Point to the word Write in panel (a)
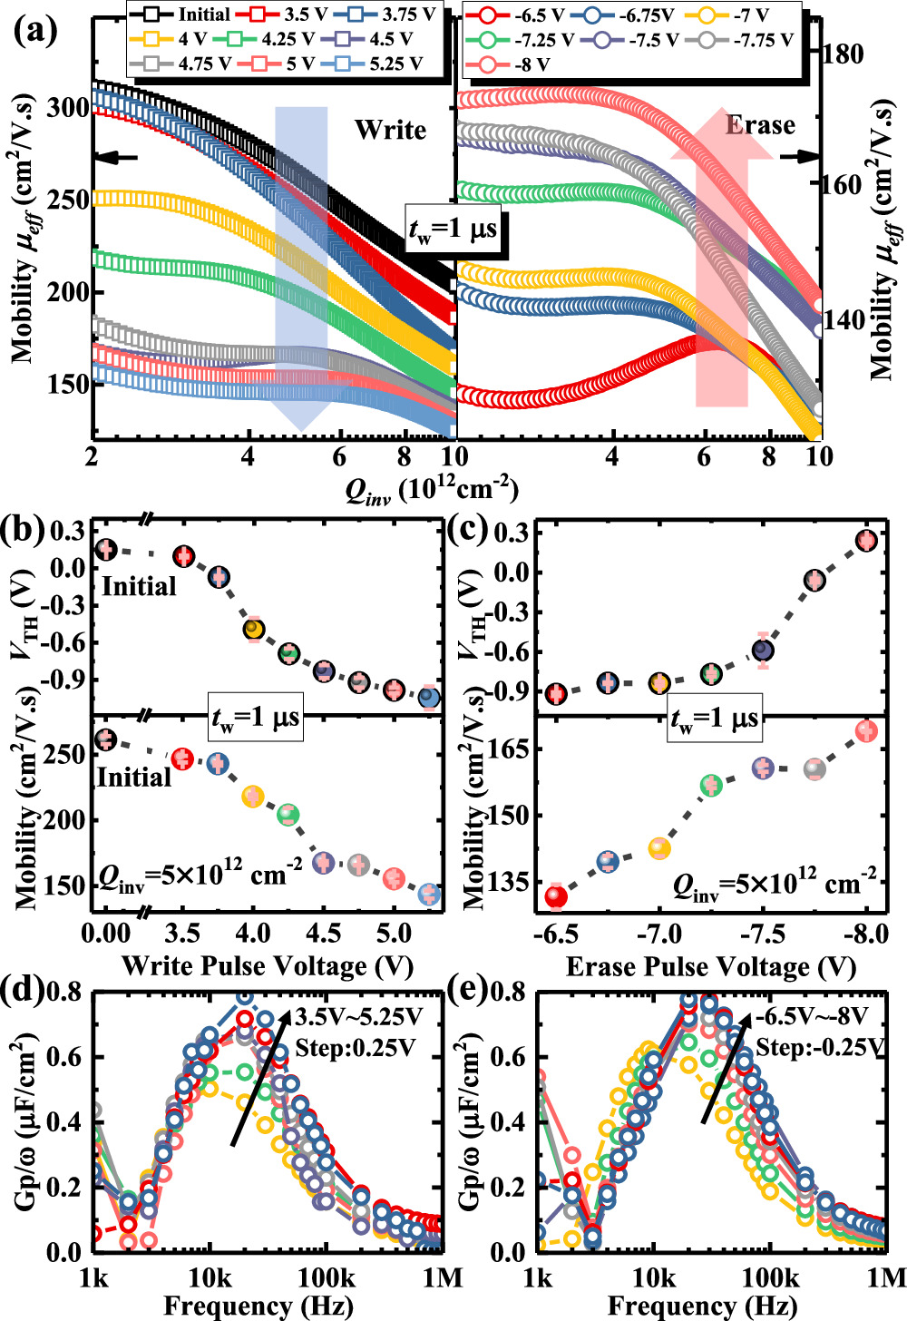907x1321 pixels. coord(390,130)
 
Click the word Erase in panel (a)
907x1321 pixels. coord(759,125)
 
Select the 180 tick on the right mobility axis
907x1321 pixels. coord(844,54)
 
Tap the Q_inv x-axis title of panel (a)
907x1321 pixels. coord(431,490)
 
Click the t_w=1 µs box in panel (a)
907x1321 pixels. coord(453,230)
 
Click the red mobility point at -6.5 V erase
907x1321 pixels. coord(556,896)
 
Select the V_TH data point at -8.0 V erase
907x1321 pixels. coord(866,541)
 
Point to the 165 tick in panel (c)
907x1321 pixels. coord(513,749)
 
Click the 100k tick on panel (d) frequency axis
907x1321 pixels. coord(326,1278)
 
